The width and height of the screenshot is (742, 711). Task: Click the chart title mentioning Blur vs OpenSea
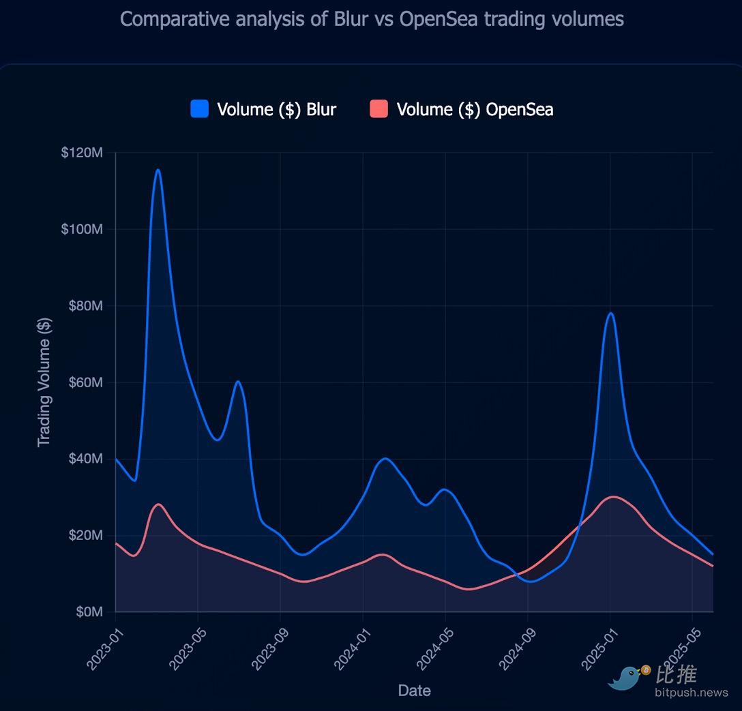[x=372, y=18]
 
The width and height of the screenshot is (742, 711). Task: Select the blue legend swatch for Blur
[x=199, y=109]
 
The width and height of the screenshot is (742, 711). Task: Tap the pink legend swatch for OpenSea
[x=379, y=109]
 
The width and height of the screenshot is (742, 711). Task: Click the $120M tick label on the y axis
[x=82, y=153]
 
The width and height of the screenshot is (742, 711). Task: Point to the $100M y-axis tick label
[x=82, y=229]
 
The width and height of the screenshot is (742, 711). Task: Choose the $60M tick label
[x=85, y=382]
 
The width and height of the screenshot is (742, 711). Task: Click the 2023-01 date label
[x=102, y=644]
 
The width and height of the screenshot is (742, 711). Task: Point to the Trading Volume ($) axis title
[x=44, y=382]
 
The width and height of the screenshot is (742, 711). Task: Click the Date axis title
[x=414, y=691]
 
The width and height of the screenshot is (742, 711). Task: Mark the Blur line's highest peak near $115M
[x=158, y=170]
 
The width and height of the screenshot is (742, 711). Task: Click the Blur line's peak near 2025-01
[x=610, y=313]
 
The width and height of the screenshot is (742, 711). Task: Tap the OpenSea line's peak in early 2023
[x=158, y=504]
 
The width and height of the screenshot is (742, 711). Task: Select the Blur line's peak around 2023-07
[x=237, y=381]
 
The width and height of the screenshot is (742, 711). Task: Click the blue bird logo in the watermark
[x=626, y=678]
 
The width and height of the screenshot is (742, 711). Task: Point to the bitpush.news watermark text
[x=691, y=693]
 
